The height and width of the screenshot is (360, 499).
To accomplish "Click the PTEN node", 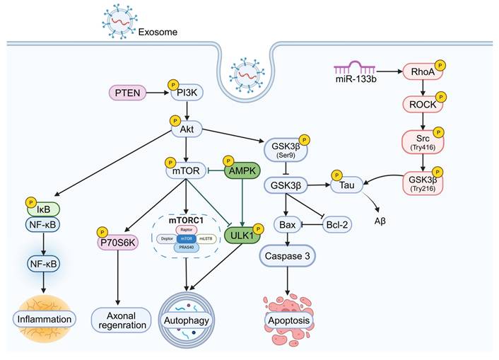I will point(127,92).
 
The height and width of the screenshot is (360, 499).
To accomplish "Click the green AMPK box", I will point(242,170).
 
